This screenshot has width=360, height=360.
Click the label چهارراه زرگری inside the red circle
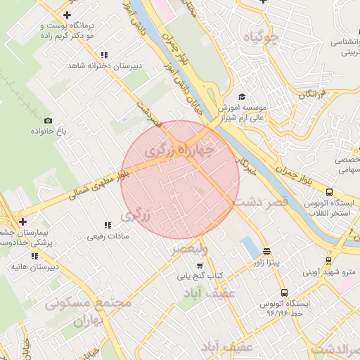pyautogui.click(x=179, y=150)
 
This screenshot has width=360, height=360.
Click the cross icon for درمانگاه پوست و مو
pyautogui.click(x=67, y=15)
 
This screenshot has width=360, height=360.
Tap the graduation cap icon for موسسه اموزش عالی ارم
pyautogui.click(x=242, y=97)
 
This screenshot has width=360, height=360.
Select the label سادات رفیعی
pyautogui.click(x=105, y=237)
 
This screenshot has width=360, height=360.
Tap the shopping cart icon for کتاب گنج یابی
pyautogui.click(x=200, y=266)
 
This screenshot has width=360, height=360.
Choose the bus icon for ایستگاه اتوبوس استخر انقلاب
pyautogui.click(x=329, y=192)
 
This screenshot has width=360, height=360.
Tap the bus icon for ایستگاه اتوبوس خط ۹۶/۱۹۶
pyautogui.click(x=284, y=292)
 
